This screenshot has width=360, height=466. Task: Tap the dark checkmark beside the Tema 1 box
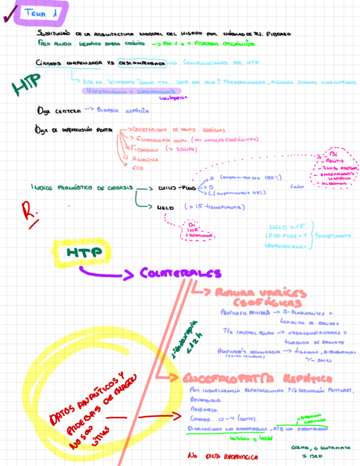pos(8,18)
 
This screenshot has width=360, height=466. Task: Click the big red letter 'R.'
pos(28,212)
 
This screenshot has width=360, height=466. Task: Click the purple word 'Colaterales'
pos(180,273)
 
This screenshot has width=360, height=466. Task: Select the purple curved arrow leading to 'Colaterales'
pos(104,272)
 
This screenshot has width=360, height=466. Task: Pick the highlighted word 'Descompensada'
pos(142,63)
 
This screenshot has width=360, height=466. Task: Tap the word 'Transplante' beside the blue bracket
pos(333,235)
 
